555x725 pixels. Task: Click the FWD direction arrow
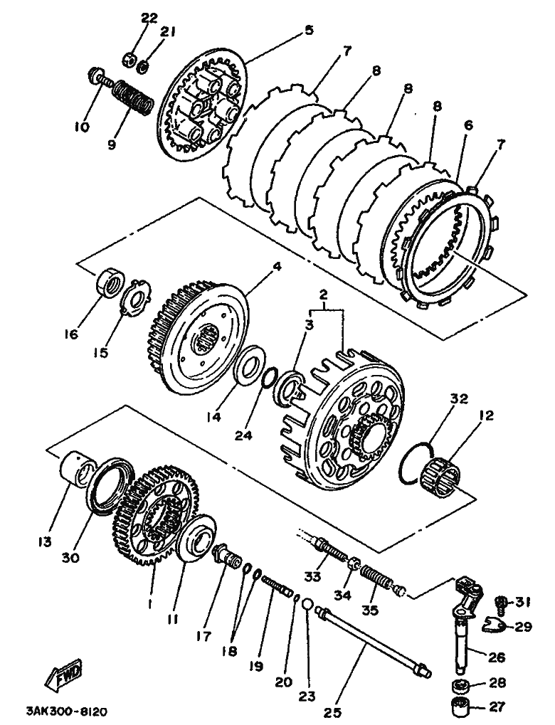click(x=63, y=674)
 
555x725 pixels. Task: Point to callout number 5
click(x=309, y=31)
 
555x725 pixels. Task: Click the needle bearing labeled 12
click(x=441, y=477)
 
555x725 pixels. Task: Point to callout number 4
click(x=277, y=268)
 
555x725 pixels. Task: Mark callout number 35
click(x=371, y=610)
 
